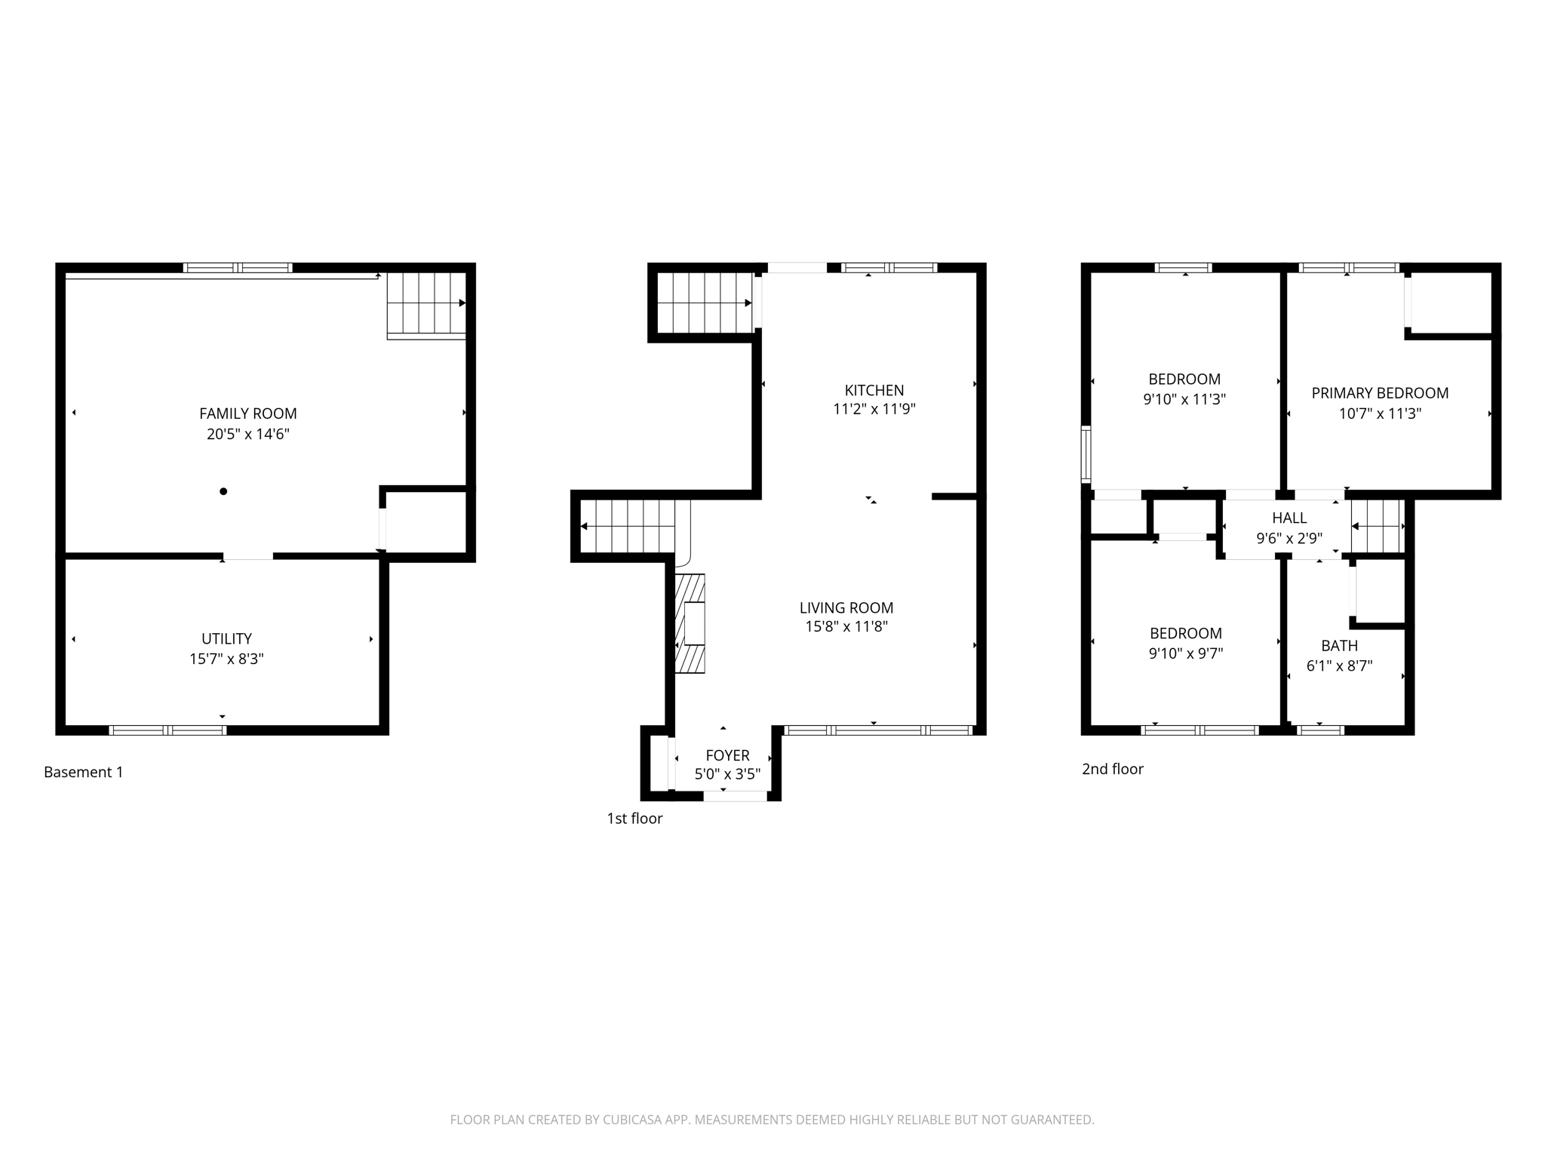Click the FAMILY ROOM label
coord(247,413)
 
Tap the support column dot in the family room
coord(223,491)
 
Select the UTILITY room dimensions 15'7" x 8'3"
coord(226,659)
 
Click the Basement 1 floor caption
coord(83,772)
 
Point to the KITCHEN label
coord(874,390)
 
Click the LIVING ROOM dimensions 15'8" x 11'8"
coord(846,626)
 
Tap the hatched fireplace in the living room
coord(690,623)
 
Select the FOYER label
coord(727,755)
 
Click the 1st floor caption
coord(634,819)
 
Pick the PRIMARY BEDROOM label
coord(1380,393)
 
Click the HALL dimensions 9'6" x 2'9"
coord(1289,539)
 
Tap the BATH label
coord(1339,646)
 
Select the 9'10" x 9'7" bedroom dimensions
coord(1185,653)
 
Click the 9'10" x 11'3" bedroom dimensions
coord(1184,399)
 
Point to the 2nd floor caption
coord(1113,769)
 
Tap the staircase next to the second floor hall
coord(1378,526)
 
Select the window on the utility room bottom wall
coord(167,730)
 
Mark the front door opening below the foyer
coord(735,796)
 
